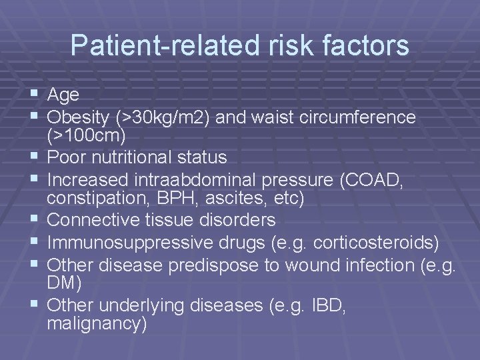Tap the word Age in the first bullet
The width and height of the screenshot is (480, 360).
coord(64,95)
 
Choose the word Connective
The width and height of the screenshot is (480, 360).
coord(99,219)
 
